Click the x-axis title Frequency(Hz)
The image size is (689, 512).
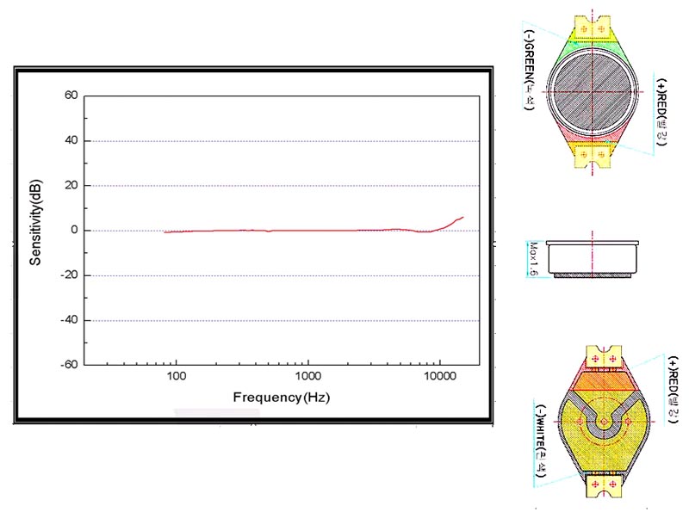(281, 398)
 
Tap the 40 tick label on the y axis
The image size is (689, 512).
(71, 140)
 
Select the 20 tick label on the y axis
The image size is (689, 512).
(71, 185)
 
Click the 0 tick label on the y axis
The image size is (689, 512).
(74, 231)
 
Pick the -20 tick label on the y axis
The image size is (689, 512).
(69, 275)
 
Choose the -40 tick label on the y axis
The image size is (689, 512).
(69, 320)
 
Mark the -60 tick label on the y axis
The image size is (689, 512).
(69, 365)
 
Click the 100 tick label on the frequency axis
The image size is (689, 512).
(177, 377)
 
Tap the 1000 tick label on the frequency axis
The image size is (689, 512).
(308, 377)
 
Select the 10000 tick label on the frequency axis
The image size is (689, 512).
(440, 377)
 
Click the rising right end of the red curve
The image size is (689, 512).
(461, 219)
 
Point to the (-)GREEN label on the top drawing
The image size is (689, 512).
(527, 72)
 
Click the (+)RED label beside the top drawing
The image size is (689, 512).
(661, 112)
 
